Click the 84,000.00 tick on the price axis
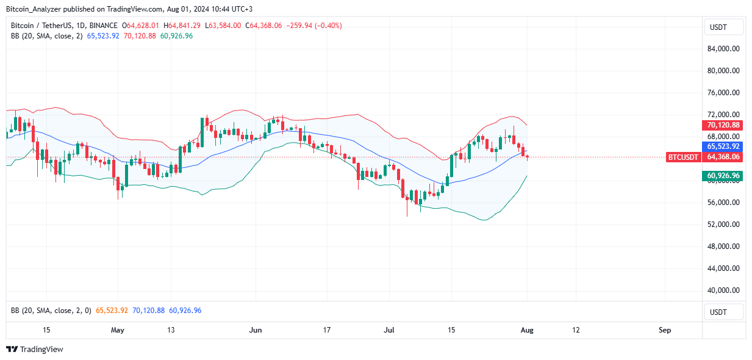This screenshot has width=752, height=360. tap(724, 49)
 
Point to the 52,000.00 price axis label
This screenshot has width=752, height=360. tap(724, 225)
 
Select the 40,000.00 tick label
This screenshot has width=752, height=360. tap(724, 290)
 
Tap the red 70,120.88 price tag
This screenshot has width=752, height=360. tap(723, 125)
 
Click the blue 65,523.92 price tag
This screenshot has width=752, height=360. tap(723, 146)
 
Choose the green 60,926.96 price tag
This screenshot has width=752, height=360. tap(723, 176)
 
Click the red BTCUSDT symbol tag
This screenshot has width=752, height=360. tap(683, 157)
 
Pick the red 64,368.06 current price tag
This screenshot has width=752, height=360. tap(723, 157)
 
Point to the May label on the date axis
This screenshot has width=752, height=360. tap(118, 330)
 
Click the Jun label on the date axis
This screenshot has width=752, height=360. tap(256, 330)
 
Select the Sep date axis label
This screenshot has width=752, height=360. tap(665, 330)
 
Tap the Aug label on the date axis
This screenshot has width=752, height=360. tap(528, 330)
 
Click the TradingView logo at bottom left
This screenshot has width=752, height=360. tap(35, 350)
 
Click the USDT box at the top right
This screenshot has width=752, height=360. tap(724, 27)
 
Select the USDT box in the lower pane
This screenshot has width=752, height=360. tap(724, 311)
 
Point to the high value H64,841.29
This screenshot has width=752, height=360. tap(184, 26)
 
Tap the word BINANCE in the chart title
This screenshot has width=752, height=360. tap(103, 26)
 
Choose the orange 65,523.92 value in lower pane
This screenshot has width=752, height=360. tap(112, 311)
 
